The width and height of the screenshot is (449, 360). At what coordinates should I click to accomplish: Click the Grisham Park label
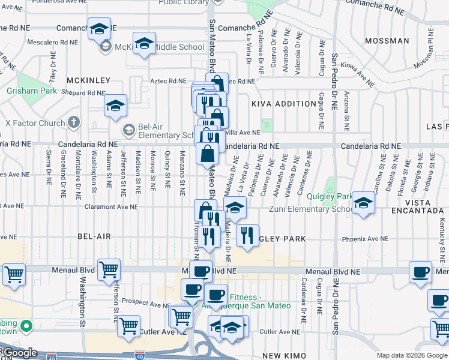pos(31,91)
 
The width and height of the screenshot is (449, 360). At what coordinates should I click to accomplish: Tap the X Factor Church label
pos(35,124)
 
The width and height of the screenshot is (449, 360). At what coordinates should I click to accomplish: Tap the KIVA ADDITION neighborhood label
pos(283,104)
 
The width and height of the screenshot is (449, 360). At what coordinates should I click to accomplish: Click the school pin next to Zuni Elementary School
pos(363,203)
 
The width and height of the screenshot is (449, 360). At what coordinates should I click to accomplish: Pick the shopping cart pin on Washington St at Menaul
pos(109,270)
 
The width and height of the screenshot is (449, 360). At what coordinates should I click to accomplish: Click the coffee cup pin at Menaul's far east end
pos(420,272)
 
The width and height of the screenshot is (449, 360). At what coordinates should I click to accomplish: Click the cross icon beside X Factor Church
pos(73,123)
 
